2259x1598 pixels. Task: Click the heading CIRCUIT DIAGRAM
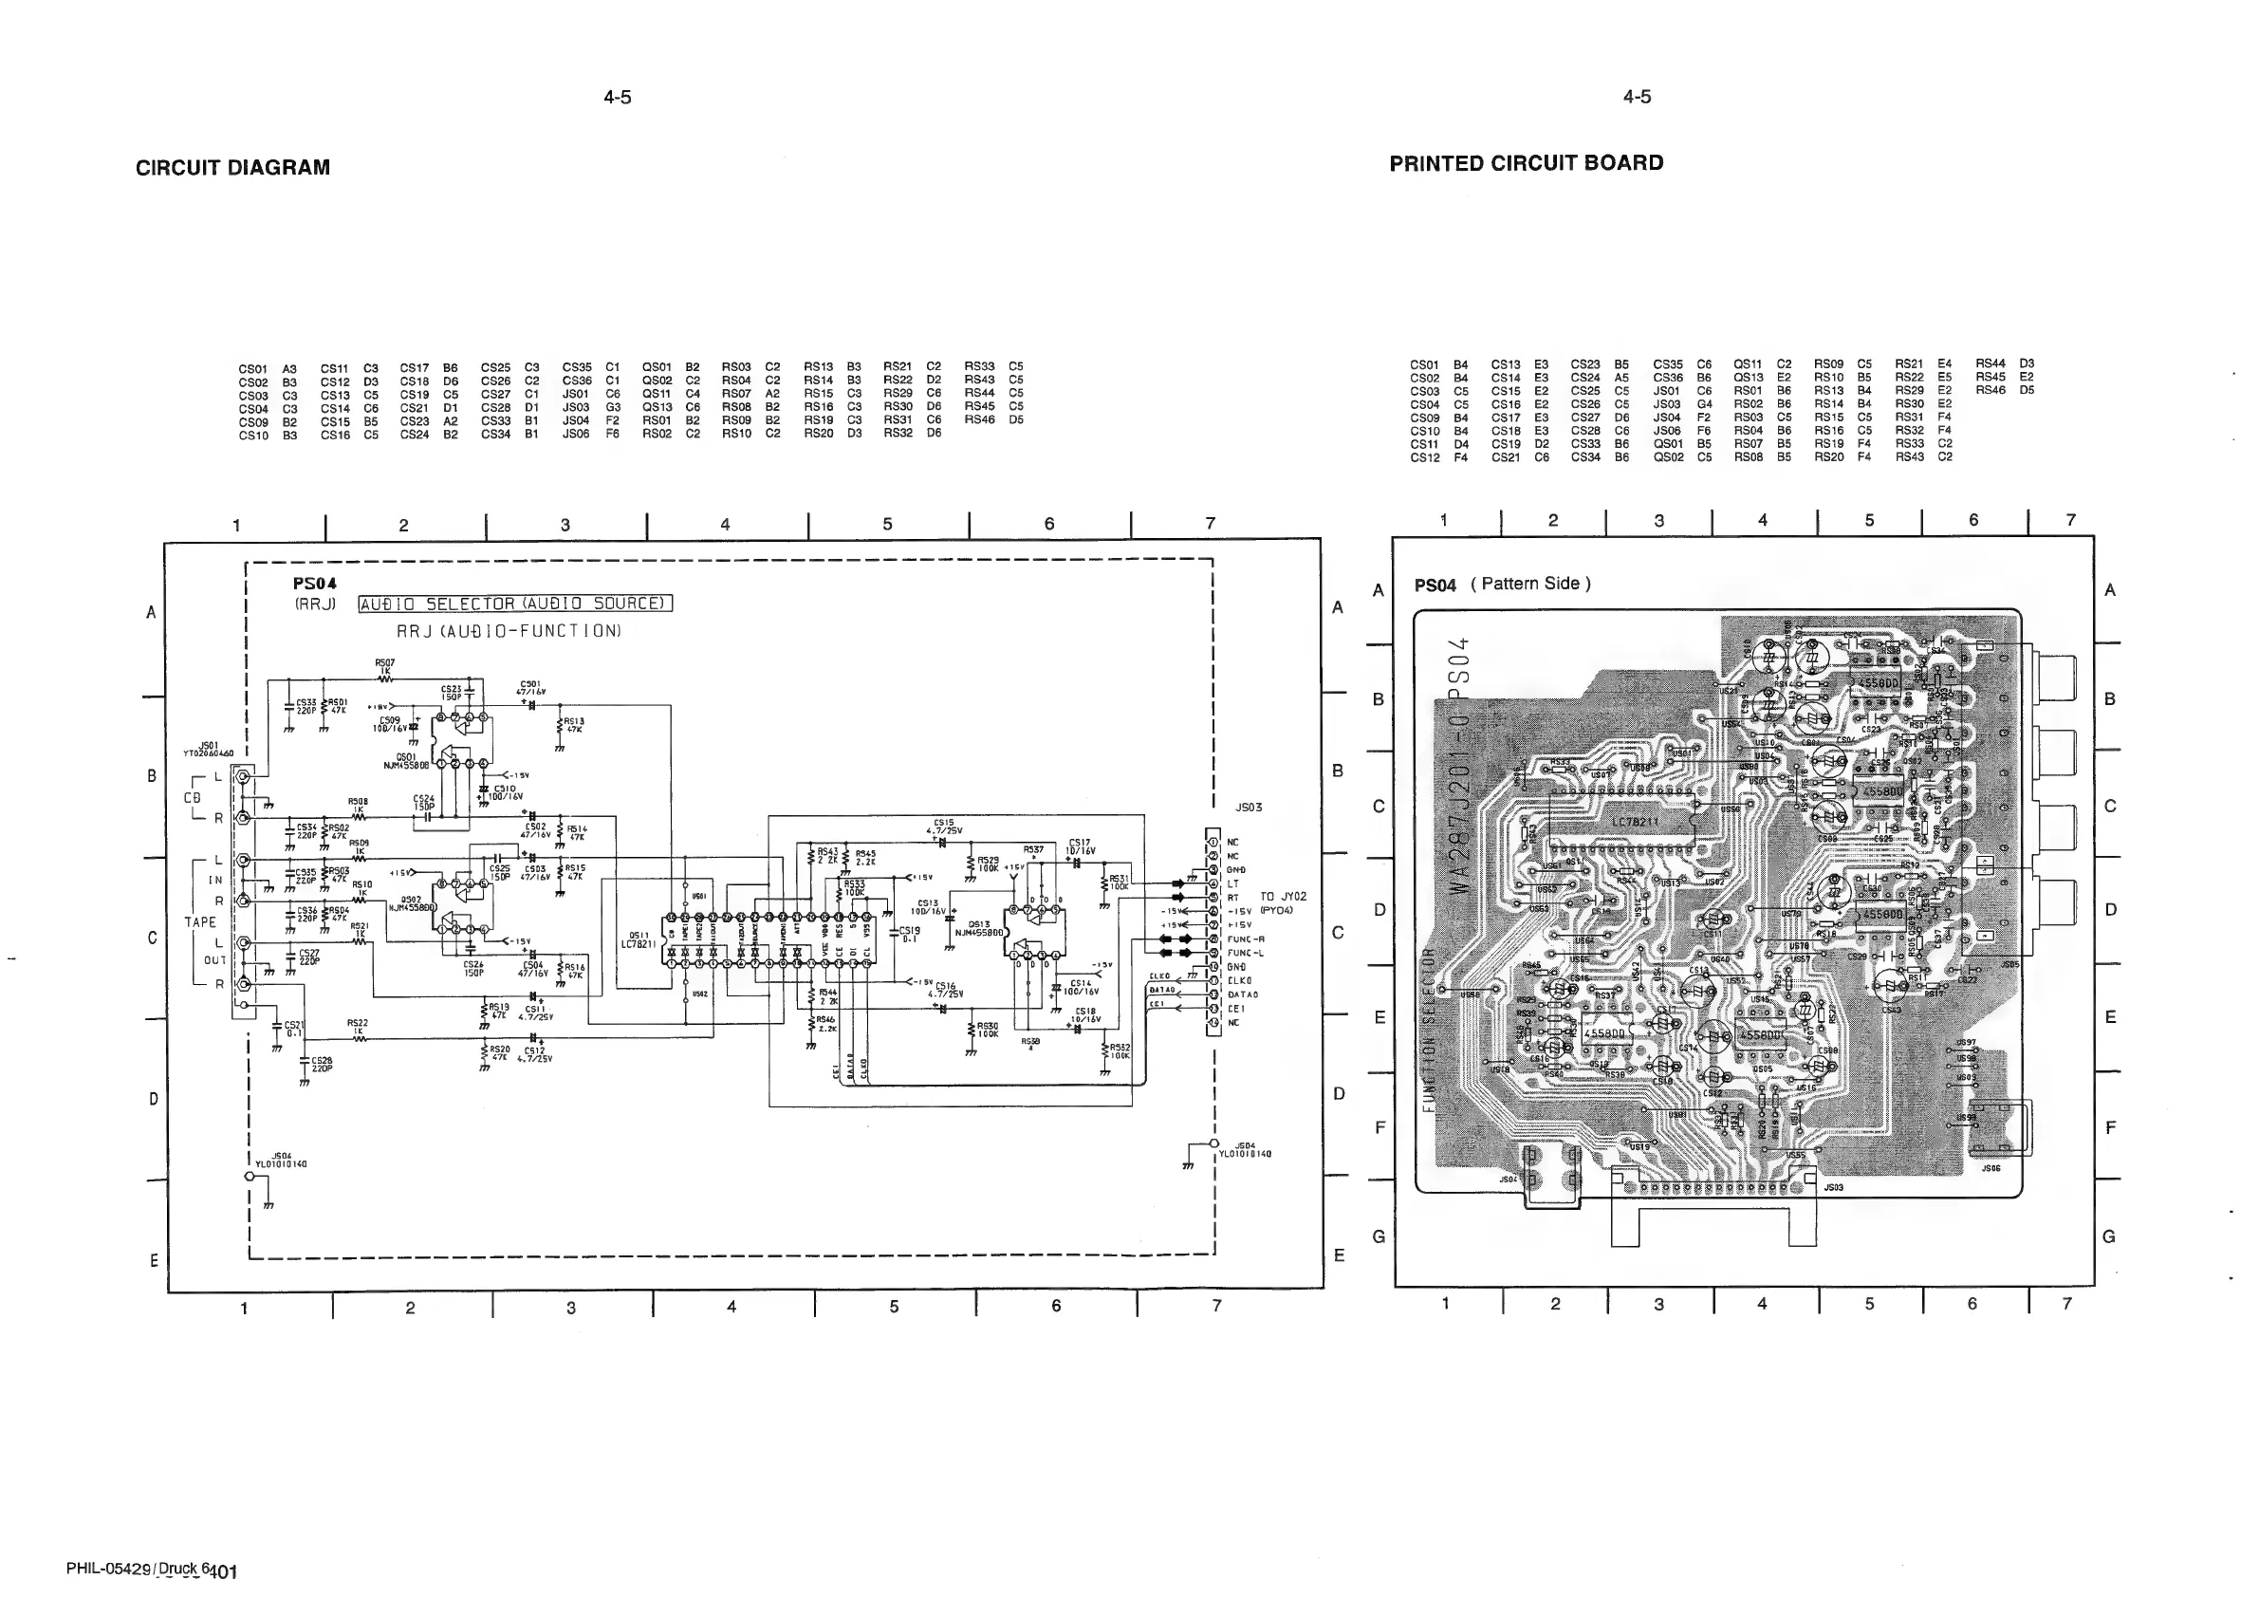pyautogui.click(x=232, y=168)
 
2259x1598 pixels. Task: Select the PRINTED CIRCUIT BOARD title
pyautogui.click(x=1526, y=163)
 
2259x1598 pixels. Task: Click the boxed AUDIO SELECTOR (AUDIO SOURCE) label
pyautogui.click(x=514, y=604)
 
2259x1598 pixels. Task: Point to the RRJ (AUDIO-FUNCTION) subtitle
pyautogui.click(x=509, y=631)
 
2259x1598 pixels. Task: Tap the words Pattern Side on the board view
pyautogui.click(x=1530, y=584)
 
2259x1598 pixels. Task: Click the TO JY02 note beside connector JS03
pyautogui.click(x=1283, y=897)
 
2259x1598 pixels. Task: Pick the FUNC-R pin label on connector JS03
pyautogui.click(x=1245, y=938)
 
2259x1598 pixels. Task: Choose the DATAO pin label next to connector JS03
pyautogui.click(x=1242, y=994)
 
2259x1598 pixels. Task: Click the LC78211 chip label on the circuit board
pyautogui.click(x=1634, y=821)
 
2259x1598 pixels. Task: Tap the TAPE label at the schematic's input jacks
pyautogui.click(x=200, y=922)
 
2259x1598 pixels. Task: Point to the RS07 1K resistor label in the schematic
pyautogui.click(x=384, y=666)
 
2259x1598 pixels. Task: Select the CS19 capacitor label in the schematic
pyautogui.click(x=909, y=934)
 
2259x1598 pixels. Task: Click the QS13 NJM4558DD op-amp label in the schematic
pyautogui.click(x=979, y=928)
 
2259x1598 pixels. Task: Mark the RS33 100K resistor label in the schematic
pyautogui.click(x=854, y=887)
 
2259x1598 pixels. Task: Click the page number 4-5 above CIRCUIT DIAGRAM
pyautogui.click(x=617, y=97)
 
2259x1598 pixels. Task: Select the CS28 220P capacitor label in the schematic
pyautogui.click(x=322, y=1063)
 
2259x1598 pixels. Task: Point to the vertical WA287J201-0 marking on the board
pyautogui.click(x=1462, y=807)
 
